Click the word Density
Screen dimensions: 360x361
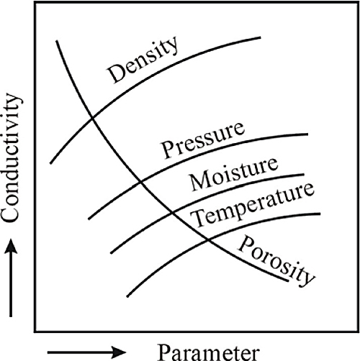click(x=143, y=60)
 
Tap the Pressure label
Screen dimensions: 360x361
click(x=204, y=140)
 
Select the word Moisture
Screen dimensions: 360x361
click(x=234, y=174)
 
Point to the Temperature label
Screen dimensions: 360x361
click(x=253, y=205)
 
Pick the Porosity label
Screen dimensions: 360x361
click(x=276, y=261)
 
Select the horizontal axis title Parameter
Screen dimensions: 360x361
click(x=208, y=352)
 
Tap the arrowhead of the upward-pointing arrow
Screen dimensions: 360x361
click(x=11, y=245)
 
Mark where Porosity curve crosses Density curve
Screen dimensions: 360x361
click(x=92, y=117)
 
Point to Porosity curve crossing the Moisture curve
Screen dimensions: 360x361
click(x=172, y=212)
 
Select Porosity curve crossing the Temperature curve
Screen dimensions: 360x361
click(x=208, y=239)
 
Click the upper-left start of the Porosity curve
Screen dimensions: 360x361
click(x=57, y=41)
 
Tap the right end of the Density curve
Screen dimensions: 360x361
click(x=261, y=37)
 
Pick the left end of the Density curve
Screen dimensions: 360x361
click(x=50, y=163)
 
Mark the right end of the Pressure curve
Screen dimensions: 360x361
click(x=307, y=134)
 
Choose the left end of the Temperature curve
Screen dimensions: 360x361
click(x=127, y=297)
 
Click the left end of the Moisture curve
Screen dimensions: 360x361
click(x=111, y=253)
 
